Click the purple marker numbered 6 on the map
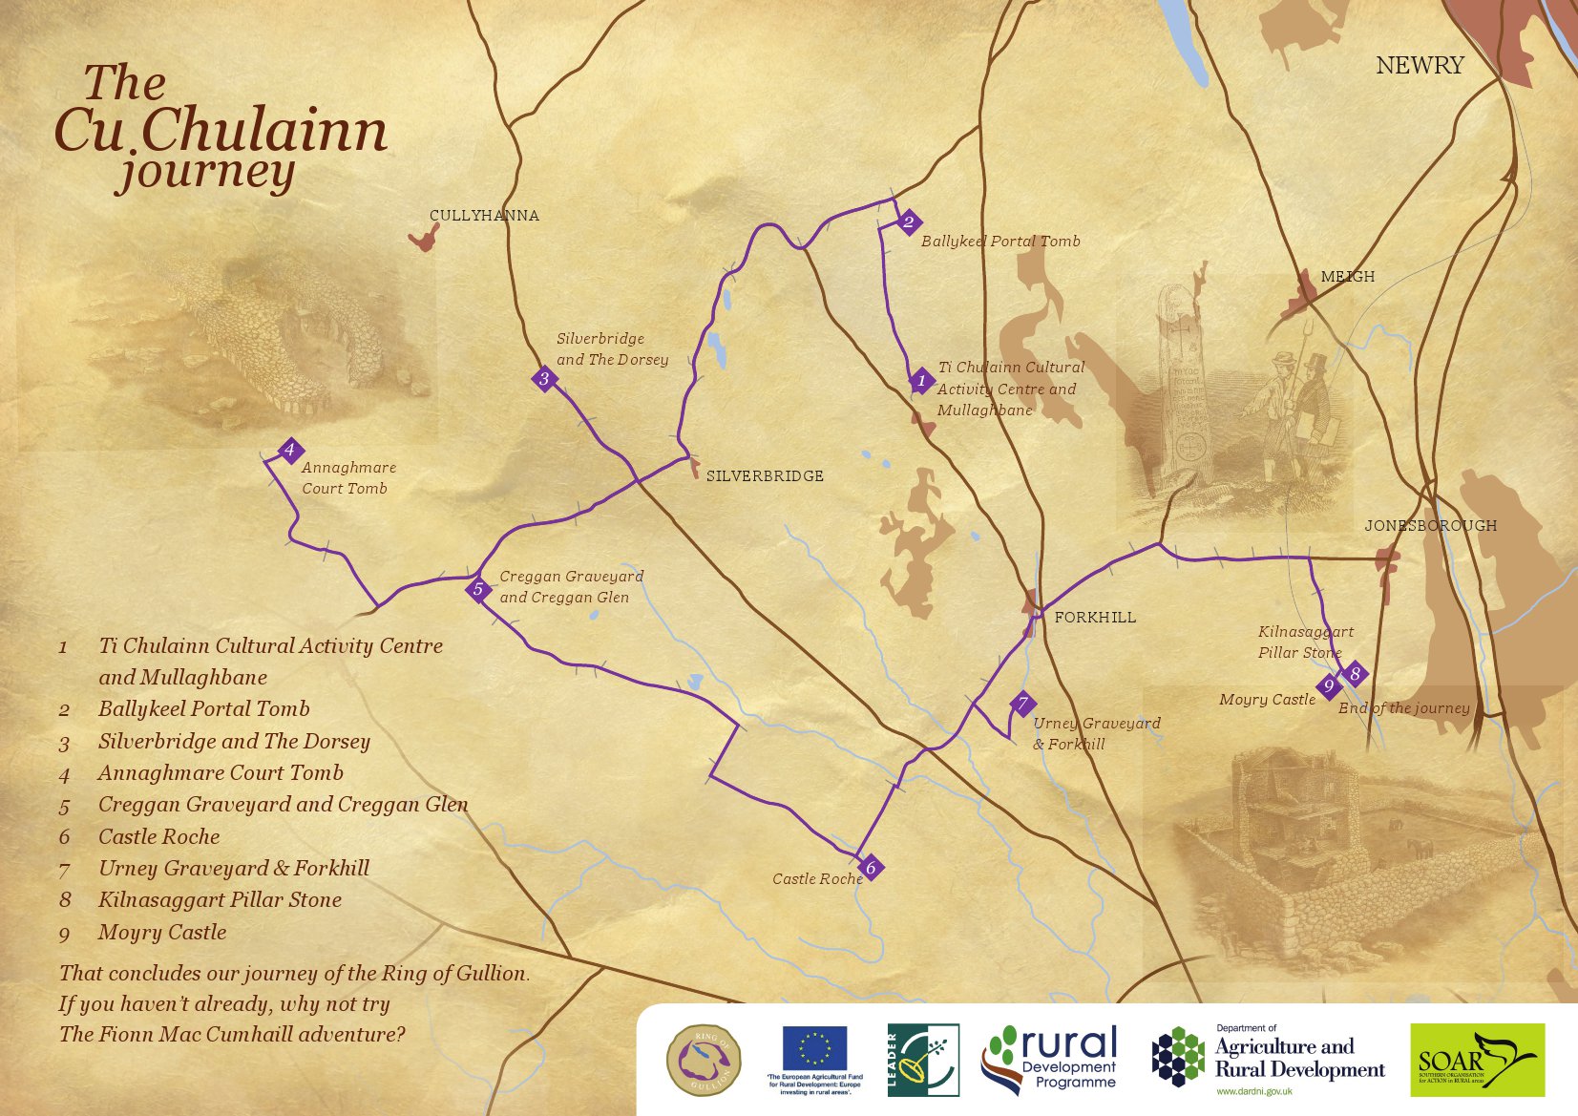[x=871, y=868]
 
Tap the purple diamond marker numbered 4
[x=290, y=451]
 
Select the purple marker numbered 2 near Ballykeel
[x=909, y=222]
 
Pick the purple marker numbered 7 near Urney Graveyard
[x=1022, y=705]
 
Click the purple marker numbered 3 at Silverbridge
[x=544, y=379]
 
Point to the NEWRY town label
[x=1420, y=65]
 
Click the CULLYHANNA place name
[x=484, y=216]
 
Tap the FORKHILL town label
[x=1095, y=618]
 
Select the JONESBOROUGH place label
[x=1430, y=526]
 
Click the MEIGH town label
[x=1347, y=277]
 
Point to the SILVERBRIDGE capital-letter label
[x=764, y=475]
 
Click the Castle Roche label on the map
[x=817, y=879]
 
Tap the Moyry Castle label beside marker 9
[x=1267, y=700]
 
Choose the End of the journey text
[x=1403, y=708]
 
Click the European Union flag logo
[x=814, y=1048]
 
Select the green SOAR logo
[x=1477, y=1060]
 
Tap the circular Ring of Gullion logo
[x=704, y=1060]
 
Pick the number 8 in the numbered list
[x=65, y=900]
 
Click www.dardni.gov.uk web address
[x=1253, y=1091]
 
